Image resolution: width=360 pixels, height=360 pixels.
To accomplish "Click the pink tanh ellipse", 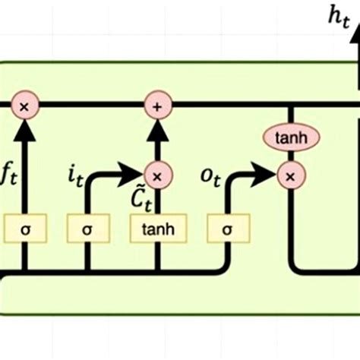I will click(290, 138).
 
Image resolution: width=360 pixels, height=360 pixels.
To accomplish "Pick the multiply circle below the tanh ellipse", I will click(290, 177).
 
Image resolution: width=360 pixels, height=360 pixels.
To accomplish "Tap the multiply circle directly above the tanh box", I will click(157, 177).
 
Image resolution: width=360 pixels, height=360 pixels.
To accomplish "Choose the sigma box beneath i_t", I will click(87, 229).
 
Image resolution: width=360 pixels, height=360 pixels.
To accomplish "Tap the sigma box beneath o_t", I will click(228, 229).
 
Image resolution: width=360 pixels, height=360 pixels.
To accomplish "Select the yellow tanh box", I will click(157, 229).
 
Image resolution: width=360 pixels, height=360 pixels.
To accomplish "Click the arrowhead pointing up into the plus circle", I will click(157, 130).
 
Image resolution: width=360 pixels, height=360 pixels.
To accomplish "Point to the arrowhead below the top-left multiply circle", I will click(24, 130).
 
